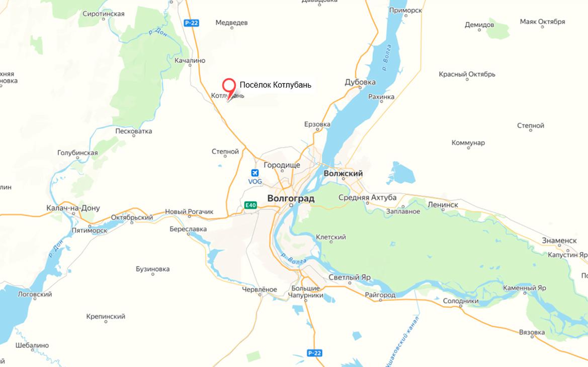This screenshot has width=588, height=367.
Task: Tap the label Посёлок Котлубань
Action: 275,85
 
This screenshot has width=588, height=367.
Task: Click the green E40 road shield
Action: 250,205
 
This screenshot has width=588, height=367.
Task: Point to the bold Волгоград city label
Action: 291,198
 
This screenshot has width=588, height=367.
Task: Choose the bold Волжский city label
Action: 343,173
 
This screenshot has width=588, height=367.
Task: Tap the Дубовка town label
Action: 360,83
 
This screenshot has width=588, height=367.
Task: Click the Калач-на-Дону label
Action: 73,208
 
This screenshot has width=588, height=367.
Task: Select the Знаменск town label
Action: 559,240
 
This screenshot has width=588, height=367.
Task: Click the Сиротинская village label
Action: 103,14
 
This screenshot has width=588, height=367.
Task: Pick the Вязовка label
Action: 532,332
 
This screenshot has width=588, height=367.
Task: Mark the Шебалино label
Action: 32,345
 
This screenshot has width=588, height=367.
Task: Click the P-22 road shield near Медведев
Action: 191,23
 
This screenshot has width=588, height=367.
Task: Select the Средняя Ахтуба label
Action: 367,197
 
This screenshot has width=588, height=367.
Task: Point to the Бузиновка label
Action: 153,269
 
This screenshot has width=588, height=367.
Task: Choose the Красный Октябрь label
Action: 467,75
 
